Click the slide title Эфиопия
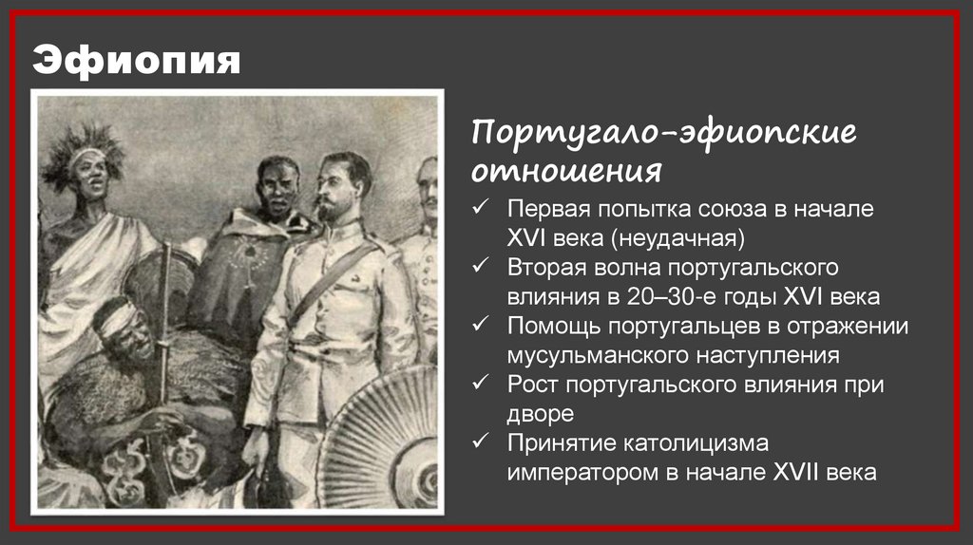137,61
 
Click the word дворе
539,414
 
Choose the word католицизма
680,443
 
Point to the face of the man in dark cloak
277,188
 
